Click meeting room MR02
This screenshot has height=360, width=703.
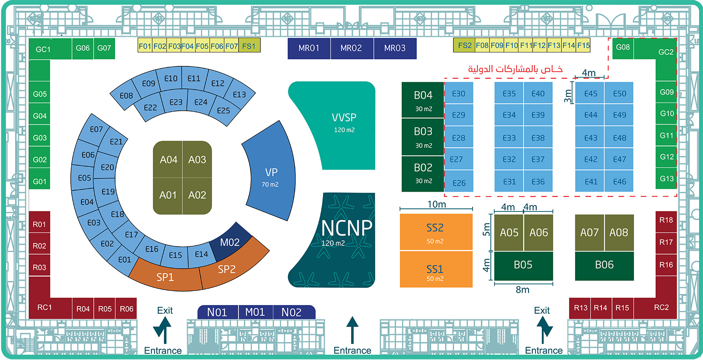click(x=351, y=48)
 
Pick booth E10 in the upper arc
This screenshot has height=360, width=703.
click(x=170, y=78)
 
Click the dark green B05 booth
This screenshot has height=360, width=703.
click(x=523, y=265)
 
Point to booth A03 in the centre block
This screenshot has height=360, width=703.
click(x=197, y=160)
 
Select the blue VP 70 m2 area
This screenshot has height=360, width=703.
click(x=271, y=176)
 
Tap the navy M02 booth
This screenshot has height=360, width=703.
click(x=230, y=242)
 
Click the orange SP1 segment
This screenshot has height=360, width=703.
click(x=165, y=276)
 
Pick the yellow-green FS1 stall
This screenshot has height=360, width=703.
click(x=249, y=46)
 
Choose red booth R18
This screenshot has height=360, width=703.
click(x=666, y=220)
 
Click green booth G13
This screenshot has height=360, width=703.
click(x=666, y=178)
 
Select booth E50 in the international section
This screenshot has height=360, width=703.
click(x=620, y=94)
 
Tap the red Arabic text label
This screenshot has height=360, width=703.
click(x=515, y=69)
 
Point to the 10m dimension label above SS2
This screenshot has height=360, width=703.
click(x=436, y=204)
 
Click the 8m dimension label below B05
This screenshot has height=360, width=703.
click(x=522, y=290)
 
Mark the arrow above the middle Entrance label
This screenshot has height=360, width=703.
click(x=352, y=329)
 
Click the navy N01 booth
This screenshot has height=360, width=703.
click(x=217, y=312)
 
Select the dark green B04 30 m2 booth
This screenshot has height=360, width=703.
click(x=423, y=100)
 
